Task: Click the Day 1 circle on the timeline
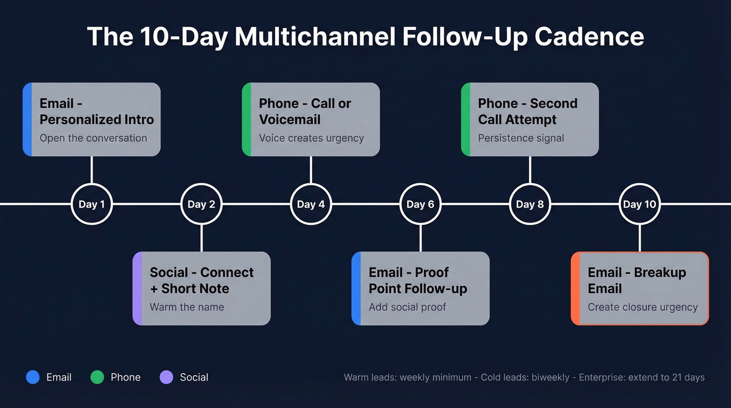coord(91,204)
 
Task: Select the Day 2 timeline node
coord(201,204)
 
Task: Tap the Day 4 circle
coord(311,204)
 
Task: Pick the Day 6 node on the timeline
coord(420,204)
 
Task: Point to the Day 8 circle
coord(530,204)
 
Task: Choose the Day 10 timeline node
coord(640,204)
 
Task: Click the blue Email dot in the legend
coord(33,377)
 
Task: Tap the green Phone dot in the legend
coord(97,377)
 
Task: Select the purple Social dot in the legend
coord(166,377)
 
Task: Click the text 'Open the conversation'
coord(93,138)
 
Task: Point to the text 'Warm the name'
coord(187,307)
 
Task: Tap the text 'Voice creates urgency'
coord(311,138)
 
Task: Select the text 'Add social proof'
coord(407,307)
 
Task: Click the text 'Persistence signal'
coord(521,138)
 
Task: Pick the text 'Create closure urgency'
coord(643,307)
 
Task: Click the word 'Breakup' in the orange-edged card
coord(659,272)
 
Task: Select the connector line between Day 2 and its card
coord(201,238)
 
